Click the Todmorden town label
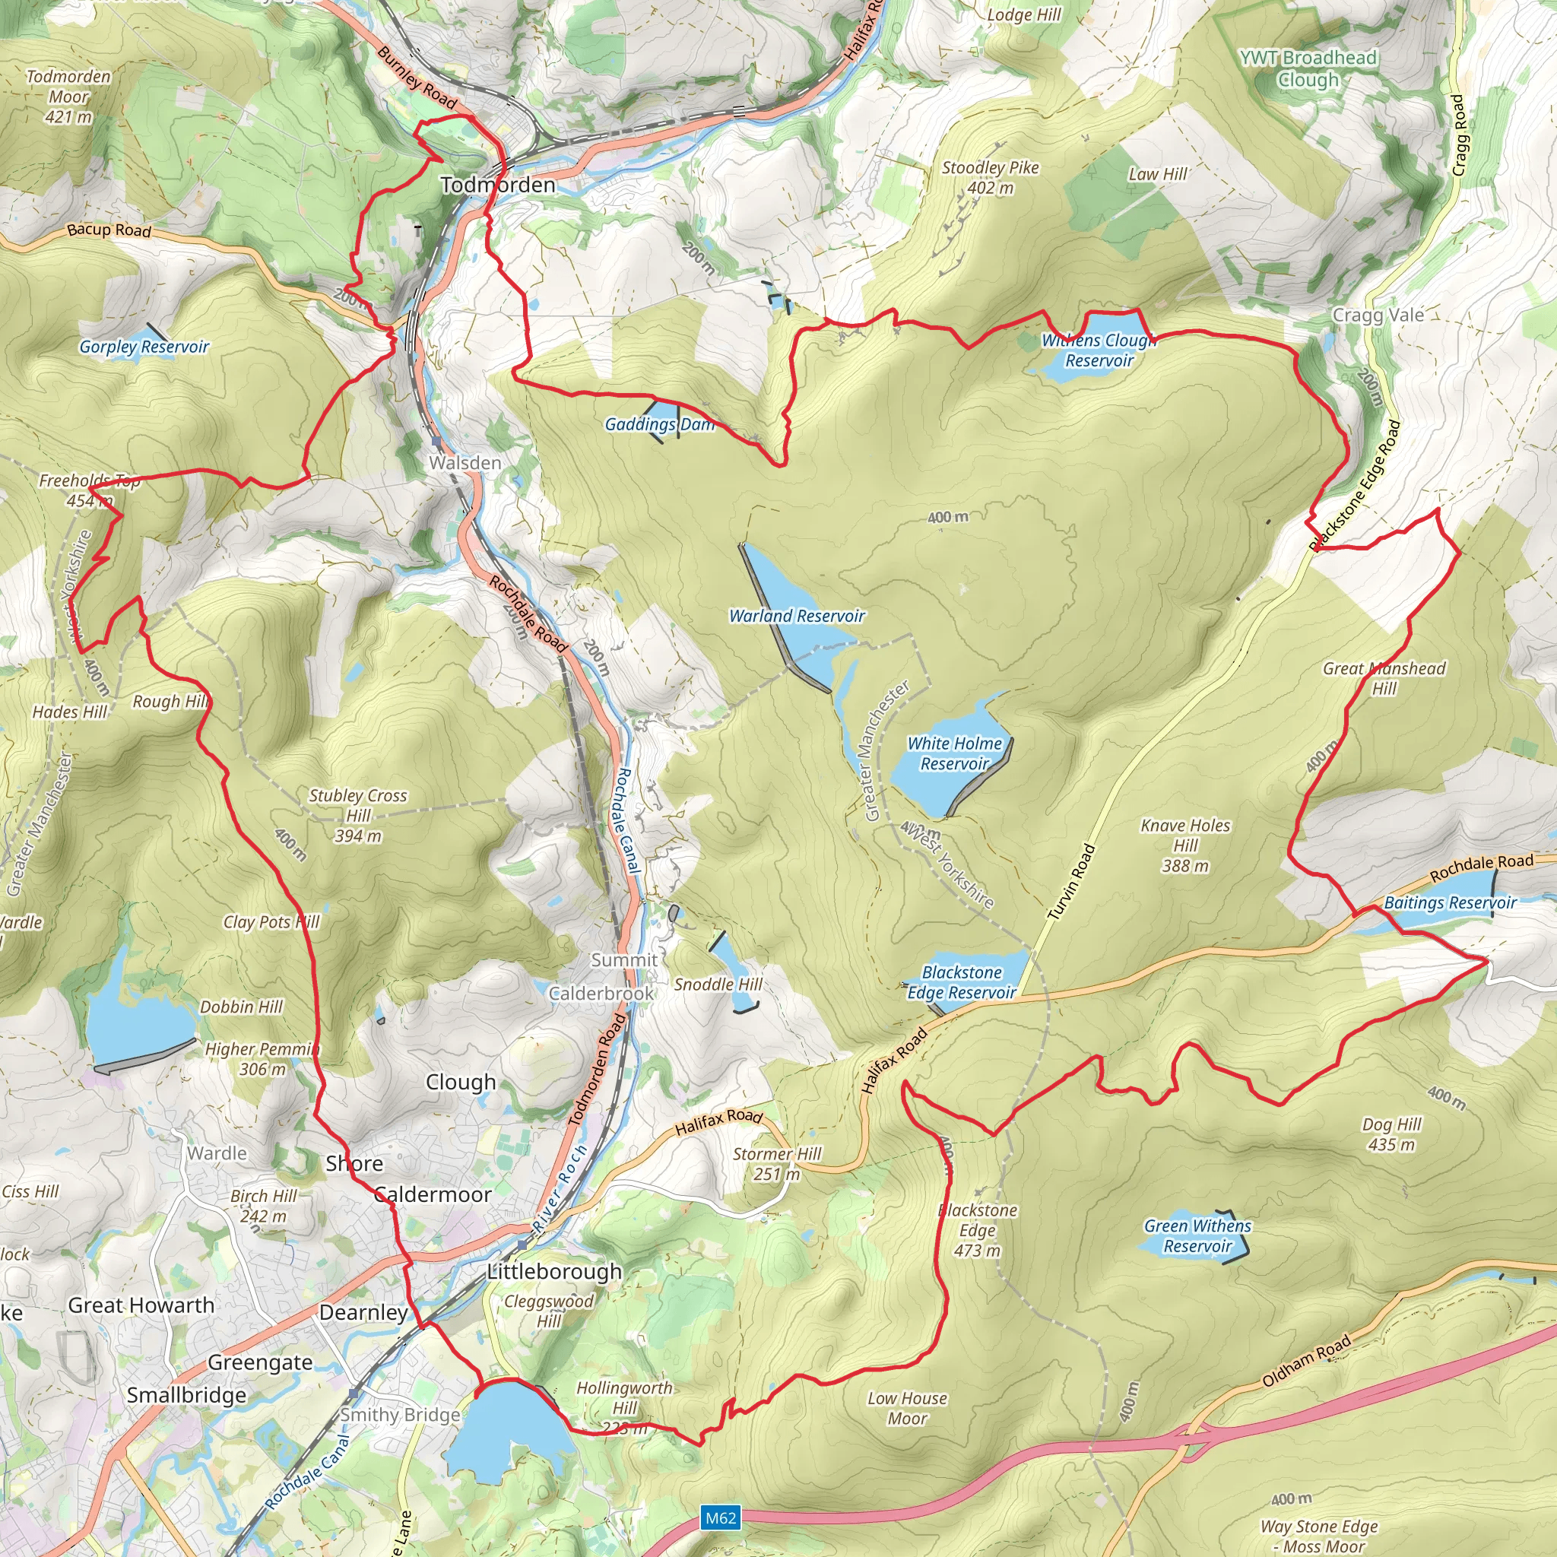(498, 185)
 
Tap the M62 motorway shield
(721, 1518)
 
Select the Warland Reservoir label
(796, 616)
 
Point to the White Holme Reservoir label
(954, 753)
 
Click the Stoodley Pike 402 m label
(991, 177)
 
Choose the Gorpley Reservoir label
(144, 347)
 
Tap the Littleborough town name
(554, 1272)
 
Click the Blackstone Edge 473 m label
(978, 1231)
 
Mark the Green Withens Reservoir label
(1197, 1235)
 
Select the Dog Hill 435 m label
(1392, 1134)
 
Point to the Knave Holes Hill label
(1185, 845)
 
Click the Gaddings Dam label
(659, 424)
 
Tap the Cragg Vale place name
(1378, 315)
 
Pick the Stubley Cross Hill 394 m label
(358, 815)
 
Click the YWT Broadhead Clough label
(1308, 68)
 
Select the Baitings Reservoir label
(1450, 902)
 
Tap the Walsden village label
(465, 462)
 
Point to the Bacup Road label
(109, 230)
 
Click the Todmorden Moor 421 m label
(68, 97)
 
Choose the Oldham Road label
(1306, 1360)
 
